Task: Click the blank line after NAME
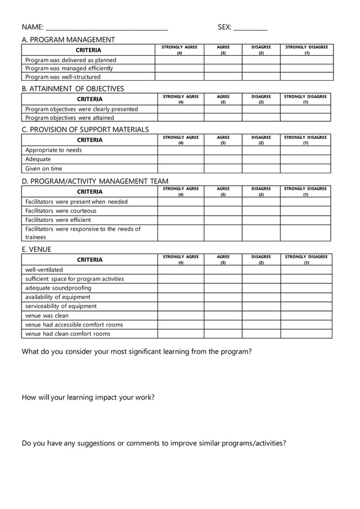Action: click(x=106, y=28)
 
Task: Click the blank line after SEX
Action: click(x=250, y=28)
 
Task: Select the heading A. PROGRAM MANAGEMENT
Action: click(x=68, y=40)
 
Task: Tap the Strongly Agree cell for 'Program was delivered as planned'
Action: click(x=179, y=60)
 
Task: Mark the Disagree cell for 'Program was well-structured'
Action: click(x=261, y=77)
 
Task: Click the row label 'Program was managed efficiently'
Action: click(x=69, y=68)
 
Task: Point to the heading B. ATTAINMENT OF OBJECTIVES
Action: click(x=73, y=89)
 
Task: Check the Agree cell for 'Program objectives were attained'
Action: click(x=223, y=117)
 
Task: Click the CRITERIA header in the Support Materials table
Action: click(x=90, y=140)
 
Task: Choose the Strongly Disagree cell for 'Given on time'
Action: click(x=306, y=168)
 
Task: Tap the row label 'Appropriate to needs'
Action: click(x=54, y=150)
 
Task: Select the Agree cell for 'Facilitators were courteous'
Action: click(x=223, y=210)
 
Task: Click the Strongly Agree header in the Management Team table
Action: click(x=181, y=191)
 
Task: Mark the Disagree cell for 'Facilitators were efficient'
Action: click(x=261, y=220)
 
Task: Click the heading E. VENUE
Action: click(x=36, y=249)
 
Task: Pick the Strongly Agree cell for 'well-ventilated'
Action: click(x=181, y=270)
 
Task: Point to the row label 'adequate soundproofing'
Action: click(x=58, y=288)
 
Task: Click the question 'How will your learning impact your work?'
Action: click(x=88, y=397)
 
